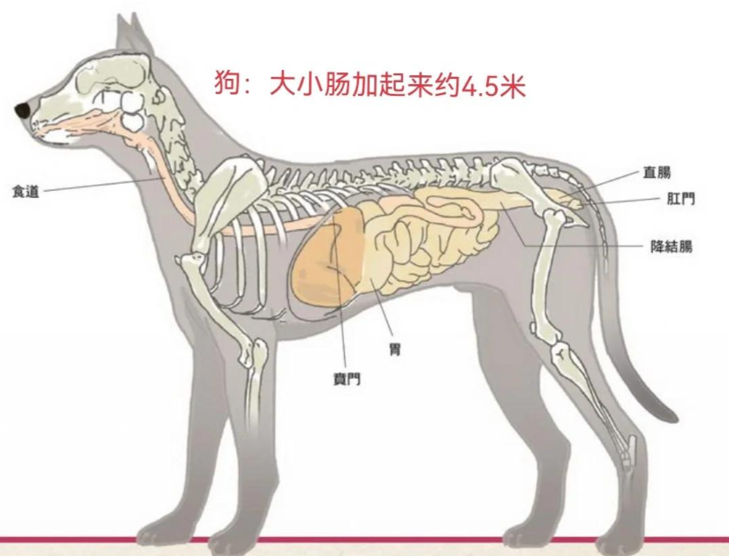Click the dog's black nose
coord(22,110)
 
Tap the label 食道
coord(26,192)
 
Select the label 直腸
coord(657,173)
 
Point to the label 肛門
coord(681,199)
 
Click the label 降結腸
coord(672,246)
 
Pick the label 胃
coord(395,349)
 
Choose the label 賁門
coord(347,380)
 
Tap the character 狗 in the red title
coord(227,84)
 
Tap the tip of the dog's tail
coord(673,417)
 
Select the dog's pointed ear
coord(134,35)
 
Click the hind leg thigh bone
coord(545,274)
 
